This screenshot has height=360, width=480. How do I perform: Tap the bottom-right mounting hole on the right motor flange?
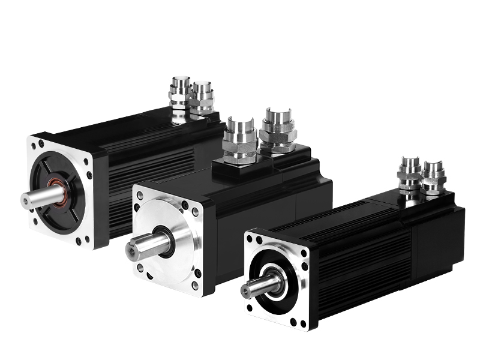(x=304, y=323)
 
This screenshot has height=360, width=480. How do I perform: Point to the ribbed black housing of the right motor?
(x=360, y=264)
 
